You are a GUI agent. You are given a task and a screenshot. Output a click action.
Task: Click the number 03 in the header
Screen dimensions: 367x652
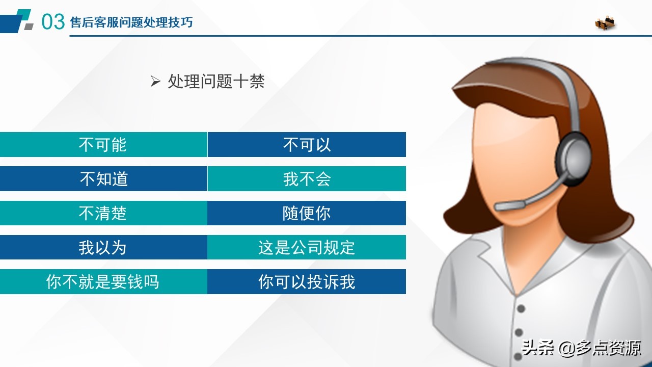52,22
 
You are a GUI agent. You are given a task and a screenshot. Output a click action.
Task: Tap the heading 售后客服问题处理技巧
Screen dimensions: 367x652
131,22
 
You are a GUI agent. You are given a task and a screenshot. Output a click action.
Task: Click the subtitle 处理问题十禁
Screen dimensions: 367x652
216,82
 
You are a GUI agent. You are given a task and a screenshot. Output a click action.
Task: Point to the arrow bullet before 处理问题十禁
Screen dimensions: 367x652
155,82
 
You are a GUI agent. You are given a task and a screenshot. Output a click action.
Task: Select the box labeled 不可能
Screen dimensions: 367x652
103,145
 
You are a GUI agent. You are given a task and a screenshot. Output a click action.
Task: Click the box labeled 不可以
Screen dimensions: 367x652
307,145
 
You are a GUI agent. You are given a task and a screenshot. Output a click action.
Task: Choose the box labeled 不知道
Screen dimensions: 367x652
103,179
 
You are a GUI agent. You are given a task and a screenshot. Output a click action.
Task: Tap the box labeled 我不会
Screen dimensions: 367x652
307,179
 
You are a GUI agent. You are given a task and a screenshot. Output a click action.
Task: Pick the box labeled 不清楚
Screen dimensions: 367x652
103,213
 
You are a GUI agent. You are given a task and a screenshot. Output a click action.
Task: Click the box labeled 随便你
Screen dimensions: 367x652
307,213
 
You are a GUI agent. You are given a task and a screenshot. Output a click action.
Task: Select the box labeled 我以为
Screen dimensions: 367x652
103,247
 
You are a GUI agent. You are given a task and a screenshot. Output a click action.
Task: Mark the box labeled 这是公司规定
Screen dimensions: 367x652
307,247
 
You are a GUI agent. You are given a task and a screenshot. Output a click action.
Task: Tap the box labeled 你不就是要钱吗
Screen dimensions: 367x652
103,281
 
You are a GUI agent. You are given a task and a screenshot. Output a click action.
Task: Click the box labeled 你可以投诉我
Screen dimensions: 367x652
307,281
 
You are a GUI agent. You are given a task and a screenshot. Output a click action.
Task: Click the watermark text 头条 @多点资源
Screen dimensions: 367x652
581,348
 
